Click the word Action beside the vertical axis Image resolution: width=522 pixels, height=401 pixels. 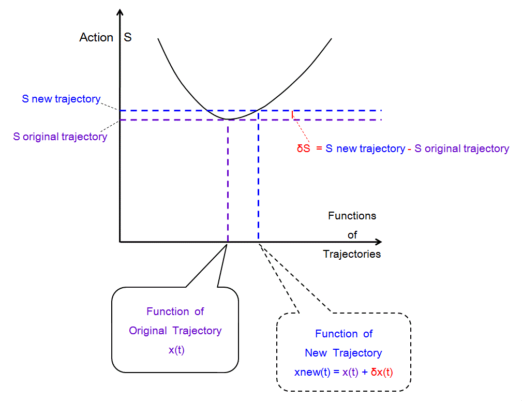[96, 38]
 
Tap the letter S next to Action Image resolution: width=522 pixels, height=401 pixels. [127, 38]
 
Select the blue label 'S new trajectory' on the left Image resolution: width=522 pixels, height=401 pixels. [61, 99]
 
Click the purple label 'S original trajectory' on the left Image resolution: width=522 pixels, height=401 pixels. [60, 137]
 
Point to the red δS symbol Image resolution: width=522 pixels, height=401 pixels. [303, 149]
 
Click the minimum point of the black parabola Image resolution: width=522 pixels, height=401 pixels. [228, 120]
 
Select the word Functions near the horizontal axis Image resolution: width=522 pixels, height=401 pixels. [352, 216]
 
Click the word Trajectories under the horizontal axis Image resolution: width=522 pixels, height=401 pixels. [352, 254]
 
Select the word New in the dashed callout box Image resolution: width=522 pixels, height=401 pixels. [316, 353]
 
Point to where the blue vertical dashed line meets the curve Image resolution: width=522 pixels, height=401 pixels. [258, 110]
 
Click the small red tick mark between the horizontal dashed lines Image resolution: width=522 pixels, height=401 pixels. [293, 115]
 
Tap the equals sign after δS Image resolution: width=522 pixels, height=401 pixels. [320, 149]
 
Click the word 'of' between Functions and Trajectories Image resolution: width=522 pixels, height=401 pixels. [352, 235]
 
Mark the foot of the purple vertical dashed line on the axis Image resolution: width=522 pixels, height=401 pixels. [228, 242]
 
